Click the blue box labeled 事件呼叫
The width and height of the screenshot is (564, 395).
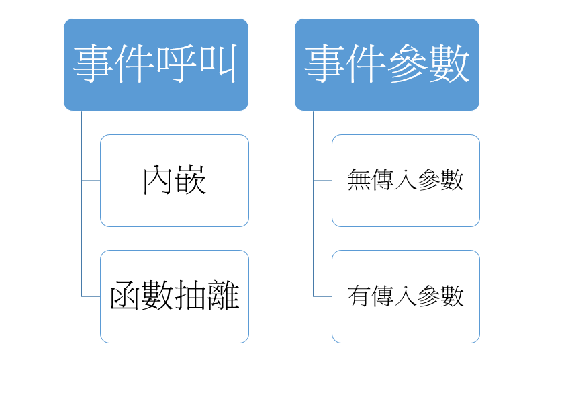tap(156, 64)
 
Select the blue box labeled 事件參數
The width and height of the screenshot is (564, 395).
tap(387, 64)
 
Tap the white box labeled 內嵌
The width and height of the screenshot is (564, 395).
tap(175, 181)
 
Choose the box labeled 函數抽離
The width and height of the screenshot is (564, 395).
tap(175, 296)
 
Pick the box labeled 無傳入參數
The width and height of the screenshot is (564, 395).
tap(406, 181)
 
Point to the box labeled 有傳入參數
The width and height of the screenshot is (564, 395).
tap(406, 296)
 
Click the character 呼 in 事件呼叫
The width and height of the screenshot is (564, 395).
tap(177, 65)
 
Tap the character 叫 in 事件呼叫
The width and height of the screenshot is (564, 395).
tap(218, 65)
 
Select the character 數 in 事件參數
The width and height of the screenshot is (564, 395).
tap(449, 65)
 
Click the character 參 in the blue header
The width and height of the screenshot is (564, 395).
tap(408, 65)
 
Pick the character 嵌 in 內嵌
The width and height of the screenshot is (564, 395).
tap(191, 181)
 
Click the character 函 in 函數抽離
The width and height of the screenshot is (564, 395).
tap(126, 296)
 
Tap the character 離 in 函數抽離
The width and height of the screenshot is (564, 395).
tap(224, 296)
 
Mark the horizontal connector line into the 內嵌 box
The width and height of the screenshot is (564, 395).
tap(91, 181)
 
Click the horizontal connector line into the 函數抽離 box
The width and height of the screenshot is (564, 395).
tap(91, 296)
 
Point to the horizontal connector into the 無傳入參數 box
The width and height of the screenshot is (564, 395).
tap(322, 181)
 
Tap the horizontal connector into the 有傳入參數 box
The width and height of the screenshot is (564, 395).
tap(322, 296)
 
